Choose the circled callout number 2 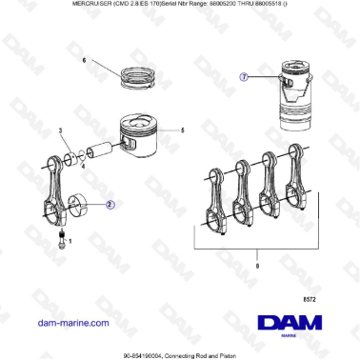click(x=110, y=203)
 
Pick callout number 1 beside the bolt click(x=70, y=243)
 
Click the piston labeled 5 click(x=137, y=138)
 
